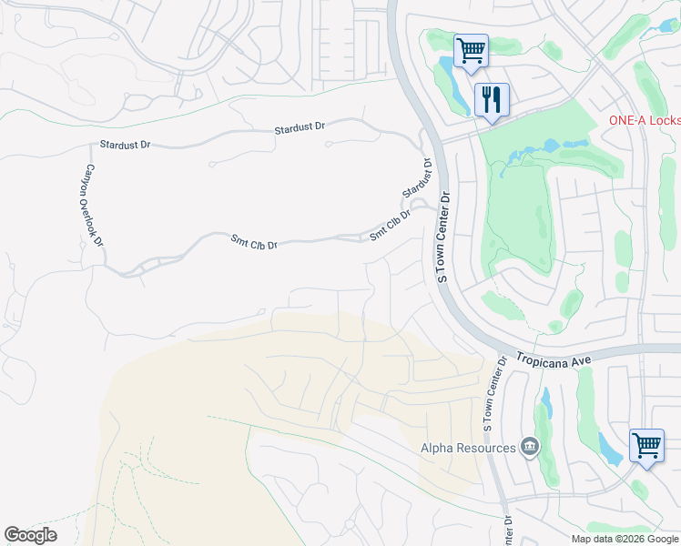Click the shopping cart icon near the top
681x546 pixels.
[x=471, y=50]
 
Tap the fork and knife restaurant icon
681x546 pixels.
[x=492, y=97]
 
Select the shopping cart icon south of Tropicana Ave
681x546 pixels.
[x=646, y=447]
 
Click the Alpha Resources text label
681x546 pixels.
[x=468, y=447]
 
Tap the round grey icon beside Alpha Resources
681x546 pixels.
[x=528, y=446]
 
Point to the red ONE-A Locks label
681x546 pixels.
[x=644, y=121]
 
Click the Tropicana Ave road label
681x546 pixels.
[x=554, y=359]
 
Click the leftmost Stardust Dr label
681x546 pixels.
[x=125, y=145]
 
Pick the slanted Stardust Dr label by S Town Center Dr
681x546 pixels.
[x=417, y=178]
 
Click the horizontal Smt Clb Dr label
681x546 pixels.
[x=254, y=243]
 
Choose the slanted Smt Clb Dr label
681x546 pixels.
[x=391, y=225]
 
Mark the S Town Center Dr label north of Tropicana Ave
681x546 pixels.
[x=444, y=237]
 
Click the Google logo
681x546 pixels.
[x=30, y=535]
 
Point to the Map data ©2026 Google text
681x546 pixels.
[x=625, y=539]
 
